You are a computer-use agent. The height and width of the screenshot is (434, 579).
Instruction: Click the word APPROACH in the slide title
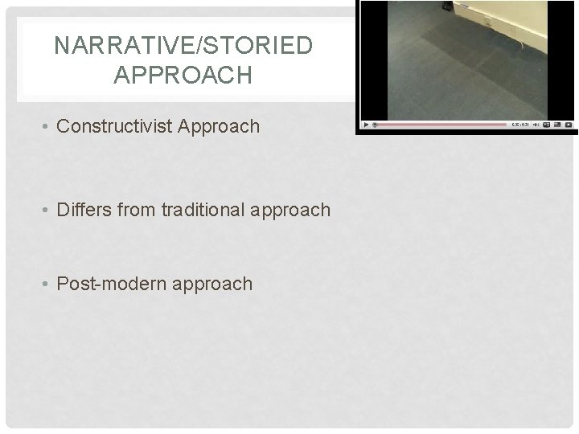(183, 76)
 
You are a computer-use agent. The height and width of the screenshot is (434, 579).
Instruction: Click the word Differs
(88, 210)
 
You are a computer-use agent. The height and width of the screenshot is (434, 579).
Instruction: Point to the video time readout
(519, 125)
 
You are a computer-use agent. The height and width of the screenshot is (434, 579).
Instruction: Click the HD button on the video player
(546, 125)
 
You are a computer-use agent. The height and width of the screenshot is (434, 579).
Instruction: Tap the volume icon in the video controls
(535, 125)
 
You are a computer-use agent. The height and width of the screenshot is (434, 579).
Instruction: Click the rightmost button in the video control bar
(568, 125)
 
